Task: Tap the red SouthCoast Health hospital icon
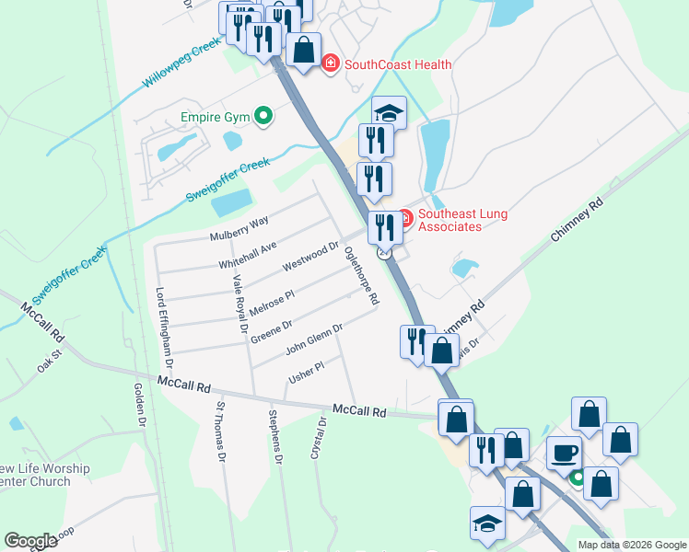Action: coord(331,63)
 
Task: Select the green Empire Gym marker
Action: coord(263,117)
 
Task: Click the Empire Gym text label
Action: coord(215,117)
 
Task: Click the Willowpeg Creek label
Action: coord(182,66)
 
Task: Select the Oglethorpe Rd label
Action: coord(360,275)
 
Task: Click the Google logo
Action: coord(30,541)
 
